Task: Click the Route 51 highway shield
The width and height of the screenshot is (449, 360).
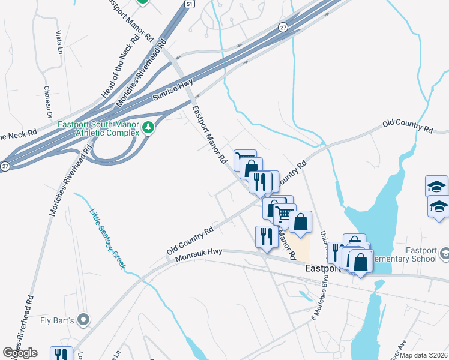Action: coord(190,4)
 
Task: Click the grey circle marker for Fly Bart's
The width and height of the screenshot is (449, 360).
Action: coord(84,320)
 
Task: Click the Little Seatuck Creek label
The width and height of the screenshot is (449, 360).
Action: coord(107,238)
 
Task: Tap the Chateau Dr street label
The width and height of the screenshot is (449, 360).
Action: coord(47,101)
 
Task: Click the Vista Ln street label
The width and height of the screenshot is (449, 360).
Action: coord(59,41)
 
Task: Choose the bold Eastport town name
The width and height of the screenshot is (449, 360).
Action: coord(323,269)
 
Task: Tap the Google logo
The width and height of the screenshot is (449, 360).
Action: coord(20,353)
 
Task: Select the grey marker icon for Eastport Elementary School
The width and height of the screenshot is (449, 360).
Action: coord(444,254)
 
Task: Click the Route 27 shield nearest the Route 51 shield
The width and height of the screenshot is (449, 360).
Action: coord(282,28)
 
